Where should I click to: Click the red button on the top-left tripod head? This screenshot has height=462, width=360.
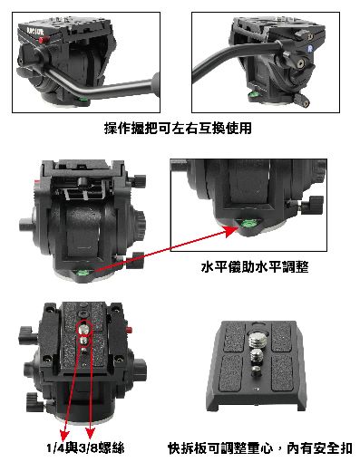pos(44,40)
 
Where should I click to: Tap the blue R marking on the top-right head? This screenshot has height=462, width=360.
pos(310,49)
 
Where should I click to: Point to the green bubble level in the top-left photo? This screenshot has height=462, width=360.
pos(83,99)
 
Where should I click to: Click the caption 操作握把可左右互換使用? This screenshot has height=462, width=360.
pos(178,128)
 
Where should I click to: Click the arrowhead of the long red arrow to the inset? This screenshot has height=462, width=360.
pos(233,231)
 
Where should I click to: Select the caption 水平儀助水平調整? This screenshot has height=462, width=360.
pos(255,267)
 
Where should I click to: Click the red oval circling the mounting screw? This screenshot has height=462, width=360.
pos(84,329)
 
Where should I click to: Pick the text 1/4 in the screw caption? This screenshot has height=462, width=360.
pos(55,448)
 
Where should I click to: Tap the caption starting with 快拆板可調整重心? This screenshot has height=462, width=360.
pos(260,448)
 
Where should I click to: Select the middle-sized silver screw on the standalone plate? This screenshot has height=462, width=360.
pos(257,355)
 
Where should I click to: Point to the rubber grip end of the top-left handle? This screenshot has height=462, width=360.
pos(156,84)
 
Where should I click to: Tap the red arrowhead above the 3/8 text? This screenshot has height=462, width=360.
pos(90,432)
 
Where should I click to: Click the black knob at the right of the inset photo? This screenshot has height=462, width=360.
pos(315,204)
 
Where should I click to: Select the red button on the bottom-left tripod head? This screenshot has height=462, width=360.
pos(130,330)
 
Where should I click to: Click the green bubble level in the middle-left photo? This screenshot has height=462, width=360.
pos(83,273)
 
